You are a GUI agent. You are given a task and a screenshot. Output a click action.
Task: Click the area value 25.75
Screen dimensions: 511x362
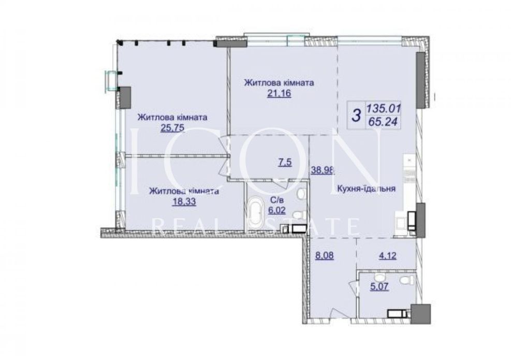coord(172,128)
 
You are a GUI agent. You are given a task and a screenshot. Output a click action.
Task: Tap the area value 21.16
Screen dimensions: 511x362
coord(279,94)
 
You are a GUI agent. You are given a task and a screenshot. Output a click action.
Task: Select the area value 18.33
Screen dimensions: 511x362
coord(184,202)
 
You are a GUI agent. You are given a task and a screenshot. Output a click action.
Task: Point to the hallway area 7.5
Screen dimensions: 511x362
coord(285,162)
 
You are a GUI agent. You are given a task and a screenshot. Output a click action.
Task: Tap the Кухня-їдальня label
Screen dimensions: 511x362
coord(367,189)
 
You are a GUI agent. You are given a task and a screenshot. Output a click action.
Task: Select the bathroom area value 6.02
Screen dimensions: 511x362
coord(276,210)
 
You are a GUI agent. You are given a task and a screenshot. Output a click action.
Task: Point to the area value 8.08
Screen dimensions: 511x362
coord(324,255)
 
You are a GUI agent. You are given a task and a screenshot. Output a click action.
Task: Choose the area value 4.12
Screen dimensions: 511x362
coord(387,255)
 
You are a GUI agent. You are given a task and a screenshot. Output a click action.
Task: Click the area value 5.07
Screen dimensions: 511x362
coord(379,287)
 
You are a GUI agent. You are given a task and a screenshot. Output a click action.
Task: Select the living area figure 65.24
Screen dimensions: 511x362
coord(383,122)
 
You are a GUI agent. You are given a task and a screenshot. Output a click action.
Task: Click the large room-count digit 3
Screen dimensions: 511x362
coord(357,115)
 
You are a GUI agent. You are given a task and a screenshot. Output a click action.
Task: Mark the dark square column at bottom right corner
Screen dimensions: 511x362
coord(420,314)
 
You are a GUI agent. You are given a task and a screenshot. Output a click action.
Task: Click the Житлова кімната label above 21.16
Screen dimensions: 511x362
coord(279,82)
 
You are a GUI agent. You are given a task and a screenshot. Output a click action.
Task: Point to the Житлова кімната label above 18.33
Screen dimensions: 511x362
coord(184,191)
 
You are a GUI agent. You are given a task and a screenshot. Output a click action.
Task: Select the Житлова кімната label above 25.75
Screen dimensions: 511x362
coord(172,117)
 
